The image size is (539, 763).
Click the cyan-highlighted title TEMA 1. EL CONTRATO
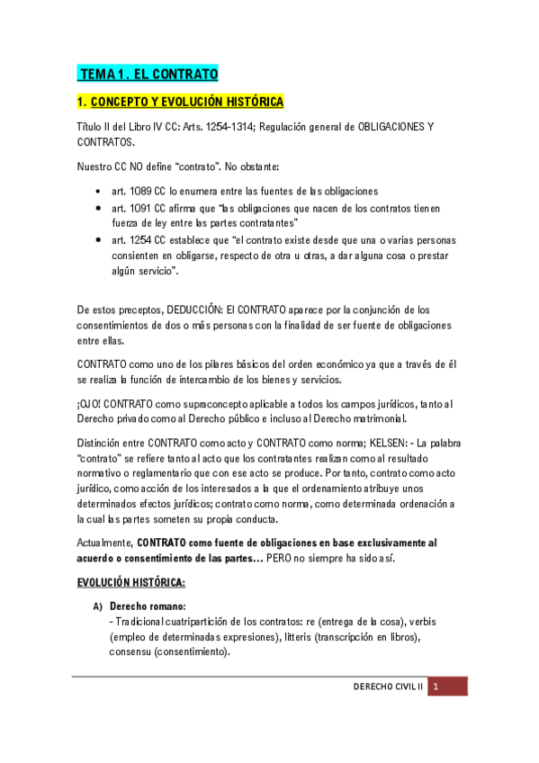pos(148,74)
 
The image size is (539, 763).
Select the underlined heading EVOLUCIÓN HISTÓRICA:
pos(130,584)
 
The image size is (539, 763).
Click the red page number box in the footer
pos(447,687)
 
